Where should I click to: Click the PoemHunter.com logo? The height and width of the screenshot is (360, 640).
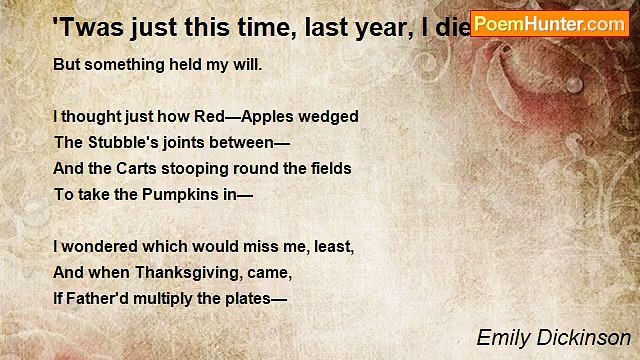tap(549, 22)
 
